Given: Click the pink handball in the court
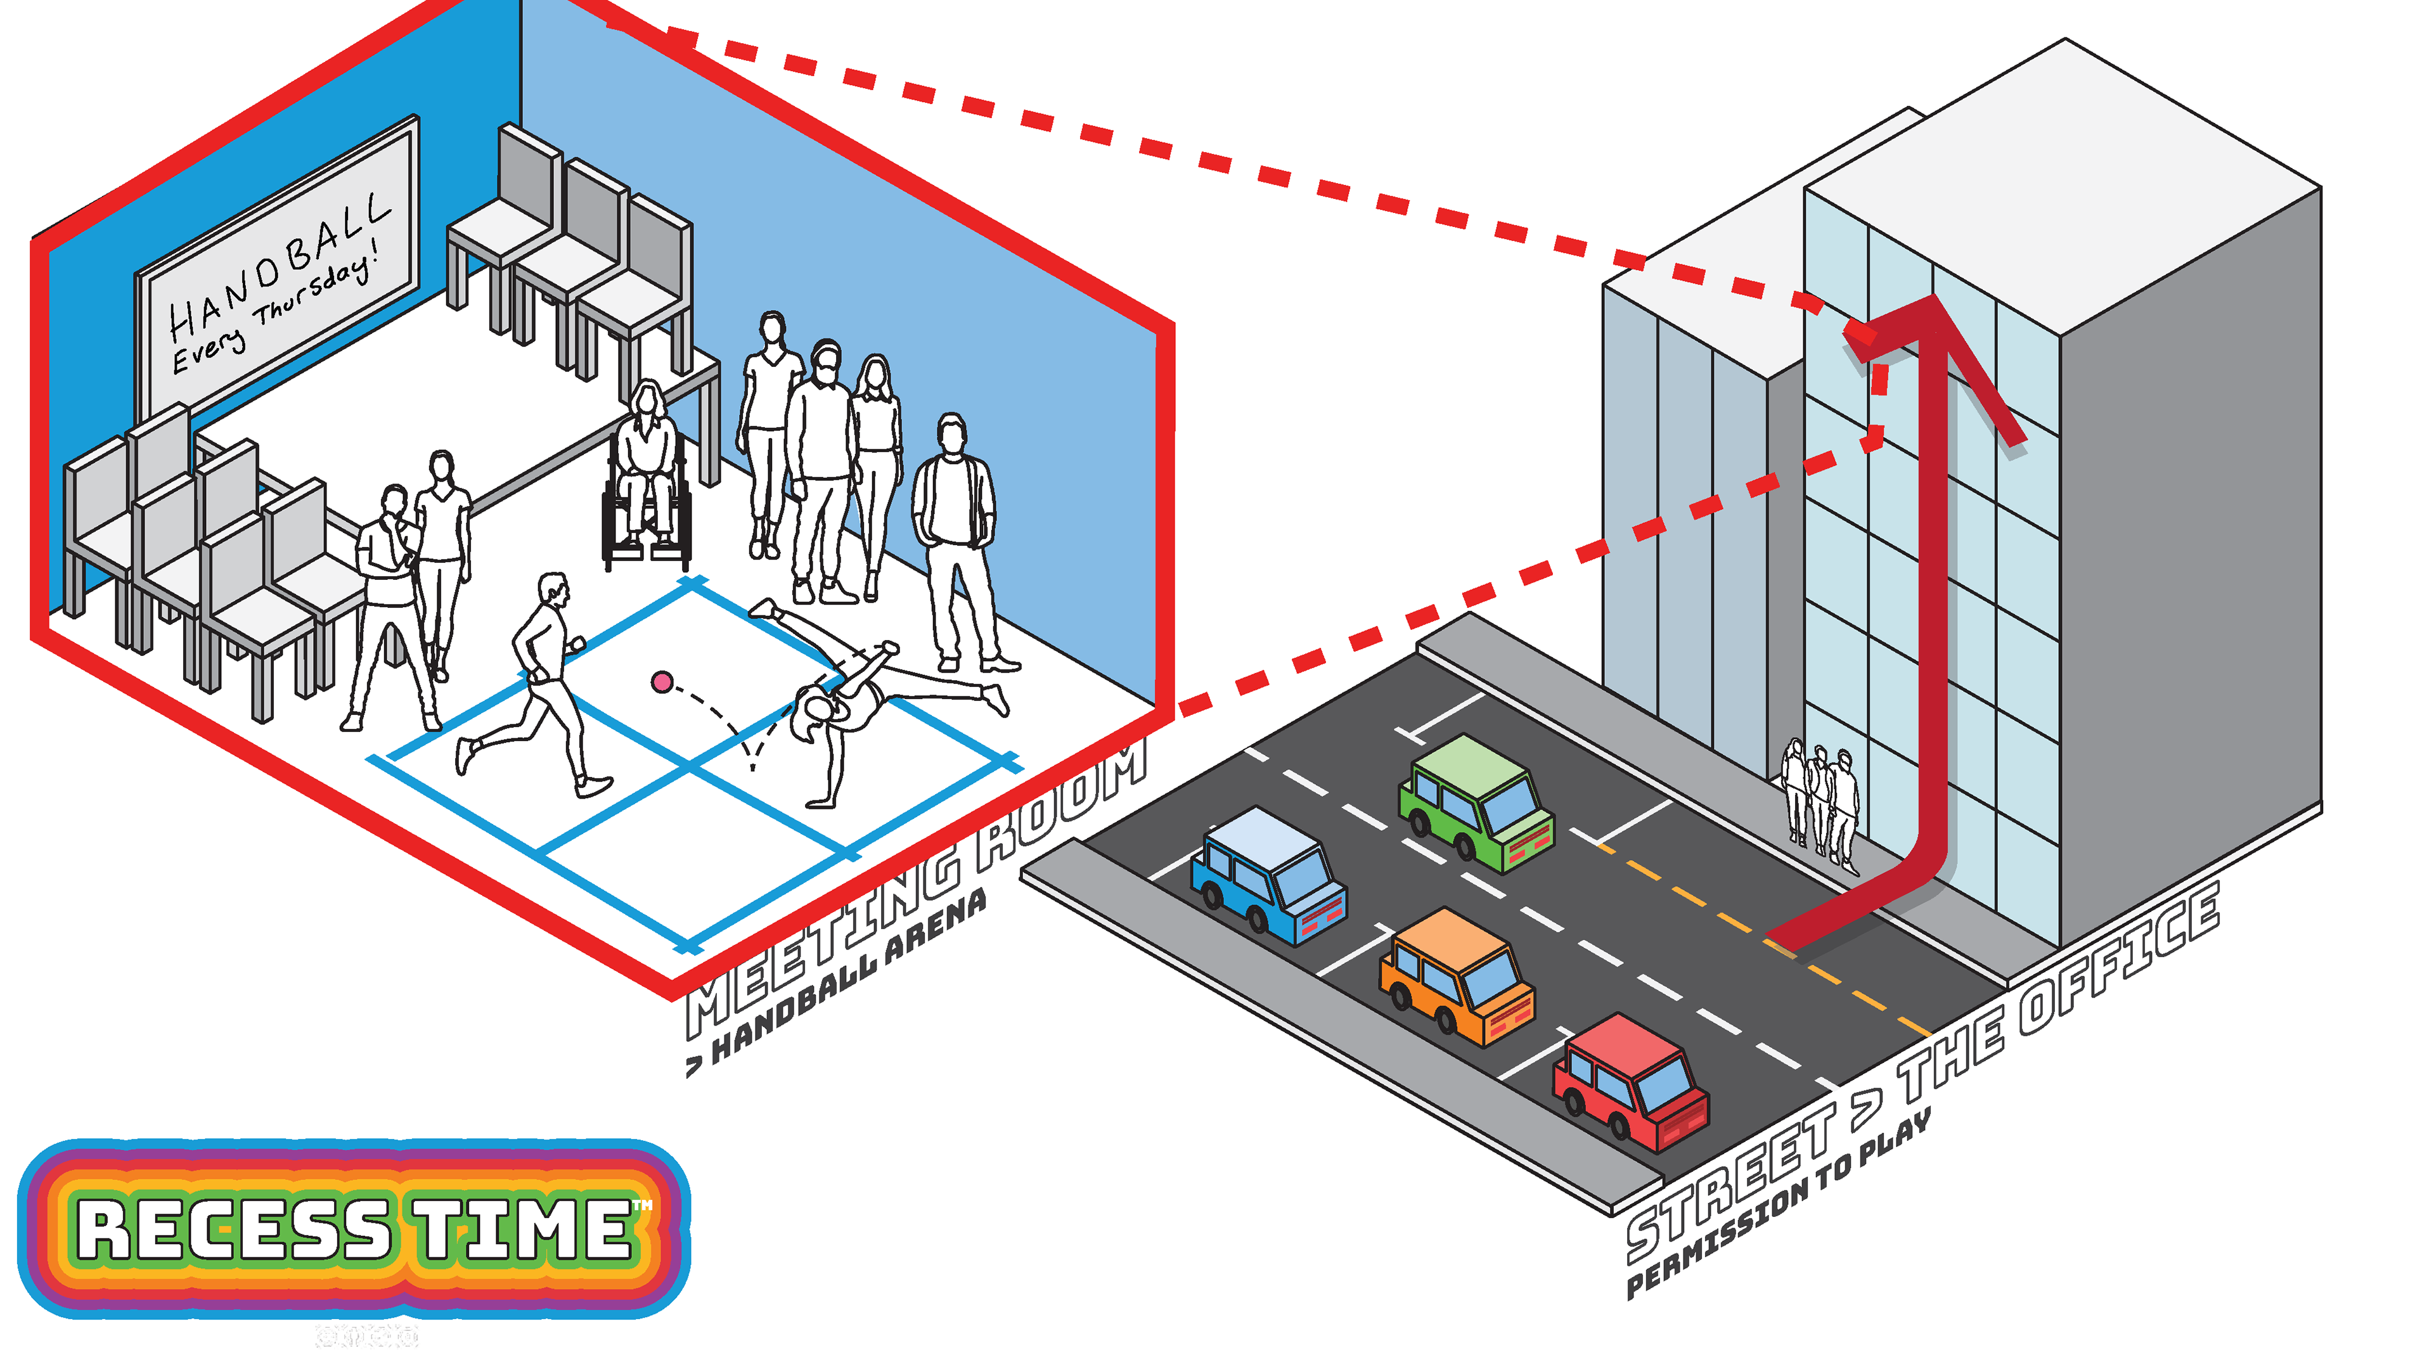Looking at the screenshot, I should coord(662,681).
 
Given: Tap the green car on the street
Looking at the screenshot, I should coord(1475,801).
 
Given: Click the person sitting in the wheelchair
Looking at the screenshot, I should coord(647,472).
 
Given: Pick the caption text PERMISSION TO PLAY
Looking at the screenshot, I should coord(1776,1205).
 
